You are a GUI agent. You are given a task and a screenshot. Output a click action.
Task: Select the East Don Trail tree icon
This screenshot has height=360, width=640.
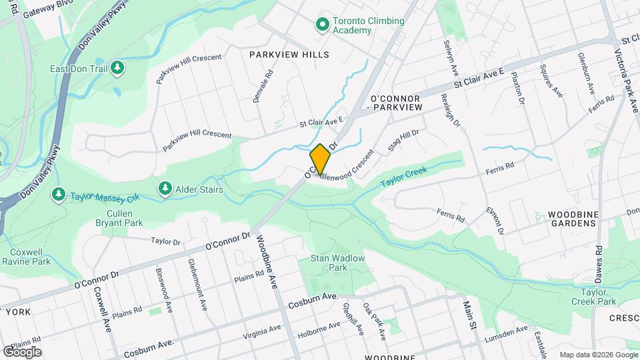click(117, 68)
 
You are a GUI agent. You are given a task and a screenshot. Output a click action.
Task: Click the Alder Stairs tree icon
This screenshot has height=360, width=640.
click(165, 189)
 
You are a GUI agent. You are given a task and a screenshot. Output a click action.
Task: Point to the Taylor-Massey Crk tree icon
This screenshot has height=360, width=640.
click(59, 194)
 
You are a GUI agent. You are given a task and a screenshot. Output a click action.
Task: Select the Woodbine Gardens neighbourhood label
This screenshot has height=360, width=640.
click(571, 218)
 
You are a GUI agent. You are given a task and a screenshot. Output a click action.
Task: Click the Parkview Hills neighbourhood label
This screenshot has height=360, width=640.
click(289, 54)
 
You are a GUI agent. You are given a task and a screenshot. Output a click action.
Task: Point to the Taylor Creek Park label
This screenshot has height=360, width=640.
click(599, 297)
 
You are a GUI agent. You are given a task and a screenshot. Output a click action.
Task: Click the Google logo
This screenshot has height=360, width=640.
click(22, 351)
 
